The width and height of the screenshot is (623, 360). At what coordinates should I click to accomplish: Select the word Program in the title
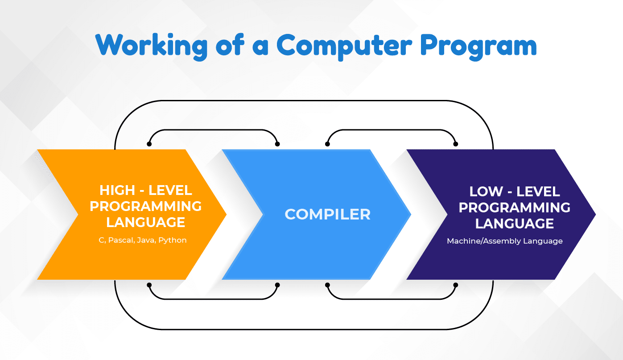point(479,45)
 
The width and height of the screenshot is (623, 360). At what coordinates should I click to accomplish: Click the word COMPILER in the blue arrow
point(328,214)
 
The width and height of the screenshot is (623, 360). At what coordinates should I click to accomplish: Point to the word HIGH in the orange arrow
point(117,190)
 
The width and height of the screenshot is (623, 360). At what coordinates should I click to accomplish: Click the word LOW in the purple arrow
point(486,192)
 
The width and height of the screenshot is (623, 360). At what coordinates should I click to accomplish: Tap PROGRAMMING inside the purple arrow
point(515,207)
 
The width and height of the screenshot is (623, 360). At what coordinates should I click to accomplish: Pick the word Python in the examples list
point(173,240)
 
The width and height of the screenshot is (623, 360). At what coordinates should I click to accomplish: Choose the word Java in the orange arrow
point(146,240)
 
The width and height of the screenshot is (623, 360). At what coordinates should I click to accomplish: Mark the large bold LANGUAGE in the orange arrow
point(146,222)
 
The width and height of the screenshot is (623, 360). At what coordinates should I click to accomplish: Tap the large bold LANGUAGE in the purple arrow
point(515,223)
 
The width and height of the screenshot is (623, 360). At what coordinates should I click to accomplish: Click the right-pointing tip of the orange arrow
point(225,215)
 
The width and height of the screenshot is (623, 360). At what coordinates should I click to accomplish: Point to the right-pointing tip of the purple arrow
point(594,215)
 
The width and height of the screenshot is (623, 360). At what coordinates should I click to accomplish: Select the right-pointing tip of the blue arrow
point(409,215)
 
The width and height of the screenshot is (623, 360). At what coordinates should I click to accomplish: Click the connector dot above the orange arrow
point(149,144)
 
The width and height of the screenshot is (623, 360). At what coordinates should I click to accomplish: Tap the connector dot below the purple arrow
point(455,285)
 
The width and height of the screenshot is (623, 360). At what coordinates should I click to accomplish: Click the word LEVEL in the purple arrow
point(538,192)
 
